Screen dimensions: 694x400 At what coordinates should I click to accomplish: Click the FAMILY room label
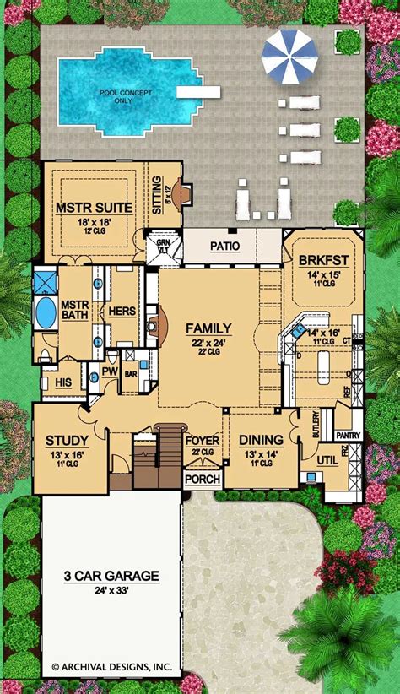209,328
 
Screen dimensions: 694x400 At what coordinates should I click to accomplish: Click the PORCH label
203,480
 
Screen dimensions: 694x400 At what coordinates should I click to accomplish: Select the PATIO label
225,247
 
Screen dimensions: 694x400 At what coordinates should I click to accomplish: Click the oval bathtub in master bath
44,313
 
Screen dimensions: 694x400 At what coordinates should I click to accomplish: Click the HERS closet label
116,311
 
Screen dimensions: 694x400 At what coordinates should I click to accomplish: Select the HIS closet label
62,382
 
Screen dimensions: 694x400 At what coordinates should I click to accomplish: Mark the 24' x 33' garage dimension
111,590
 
